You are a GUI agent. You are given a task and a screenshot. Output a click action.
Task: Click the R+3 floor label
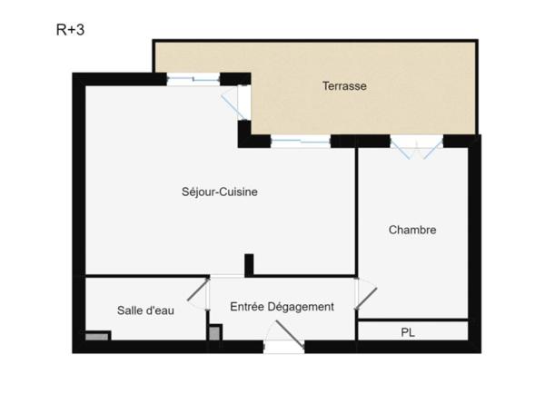(x=70, y=29)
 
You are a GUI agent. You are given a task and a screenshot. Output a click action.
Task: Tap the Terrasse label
(x=344, y=86)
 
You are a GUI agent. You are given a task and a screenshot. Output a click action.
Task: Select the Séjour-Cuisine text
(x=221, y=192)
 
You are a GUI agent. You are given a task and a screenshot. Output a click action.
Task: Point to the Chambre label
(x=412, y=230)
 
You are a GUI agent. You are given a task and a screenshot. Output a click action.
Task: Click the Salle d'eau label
(x=146, y=310)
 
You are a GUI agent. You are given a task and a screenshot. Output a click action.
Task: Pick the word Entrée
(x=248, y=307)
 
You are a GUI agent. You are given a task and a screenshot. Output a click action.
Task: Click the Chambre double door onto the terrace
(x=415, y=148)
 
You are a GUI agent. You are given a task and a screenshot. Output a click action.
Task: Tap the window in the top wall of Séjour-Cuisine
(x=193, y=80)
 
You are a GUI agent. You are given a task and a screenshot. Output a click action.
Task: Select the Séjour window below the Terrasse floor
(x=300, y=141)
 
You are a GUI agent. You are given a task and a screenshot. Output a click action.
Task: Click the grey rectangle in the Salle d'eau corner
(x=97, y=336)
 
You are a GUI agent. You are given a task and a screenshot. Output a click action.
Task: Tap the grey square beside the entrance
(x=214, y=333)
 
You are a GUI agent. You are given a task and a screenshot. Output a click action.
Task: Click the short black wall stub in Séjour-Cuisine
(x=249, y=264)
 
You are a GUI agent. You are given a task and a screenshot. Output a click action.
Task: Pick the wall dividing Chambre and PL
(x=413, y=320)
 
